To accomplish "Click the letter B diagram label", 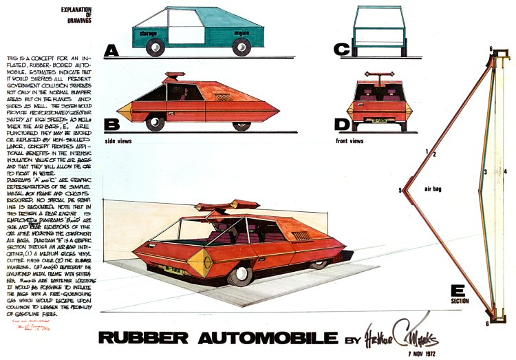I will coord(112,125).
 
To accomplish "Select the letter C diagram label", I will coord(341,50).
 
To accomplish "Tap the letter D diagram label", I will coord(341,125).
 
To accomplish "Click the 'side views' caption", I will coord(118,140).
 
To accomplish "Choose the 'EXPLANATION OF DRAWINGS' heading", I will coord(77,14).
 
